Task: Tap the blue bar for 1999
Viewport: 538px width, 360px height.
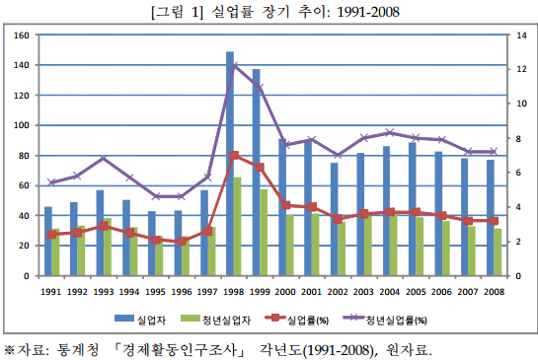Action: click(x=256, y=173)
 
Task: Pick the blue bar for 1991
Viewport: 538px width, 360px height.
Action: click(x=48, y=242)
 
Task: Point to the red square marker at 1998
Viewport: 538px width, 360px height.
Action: click(x=234, y=156)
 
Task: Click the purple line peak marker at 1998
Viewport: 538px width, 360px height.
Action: click(x=234, y=66)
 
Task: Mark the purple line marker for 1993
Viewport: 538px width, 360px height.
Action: click(x=103, y=159)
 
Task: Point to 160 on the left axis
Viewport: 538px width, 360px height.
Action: click(x=21, y=36)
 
